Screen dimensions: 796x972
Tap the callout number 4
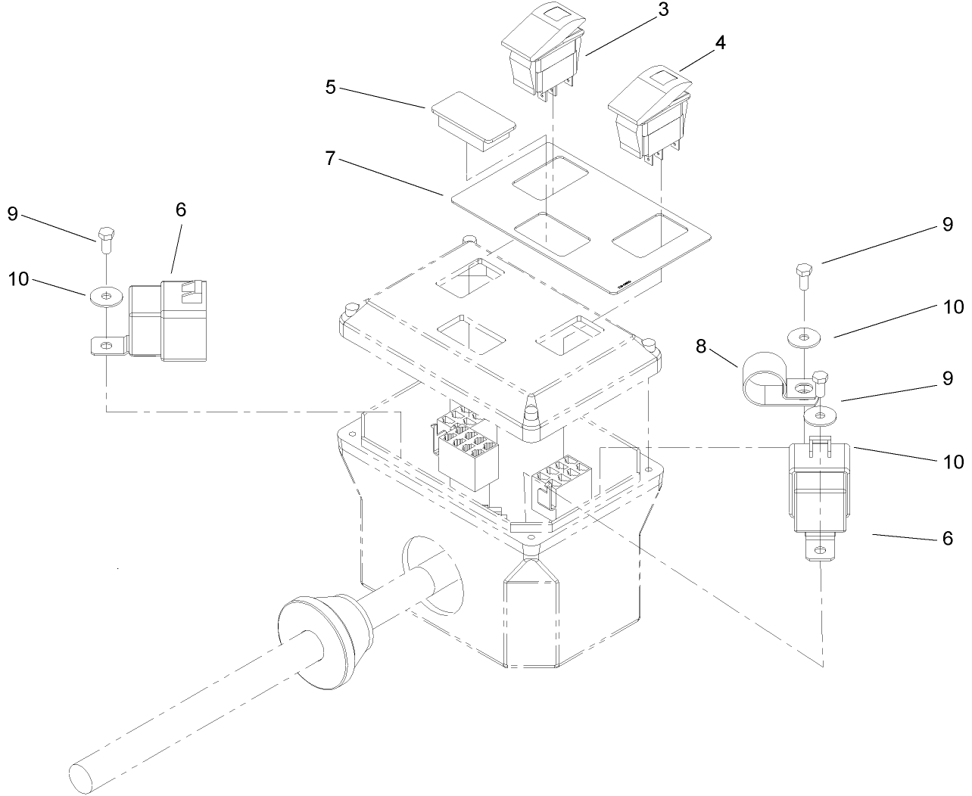click(720, 43)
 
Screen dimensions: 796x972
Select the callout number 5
click(330, 87)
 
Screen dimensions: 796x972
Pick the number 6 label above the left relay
click(180, 210)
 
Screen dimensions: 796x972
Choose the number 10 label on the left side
click(18, 279)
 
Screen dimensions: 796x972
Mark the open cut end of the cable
click(79, 778)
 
